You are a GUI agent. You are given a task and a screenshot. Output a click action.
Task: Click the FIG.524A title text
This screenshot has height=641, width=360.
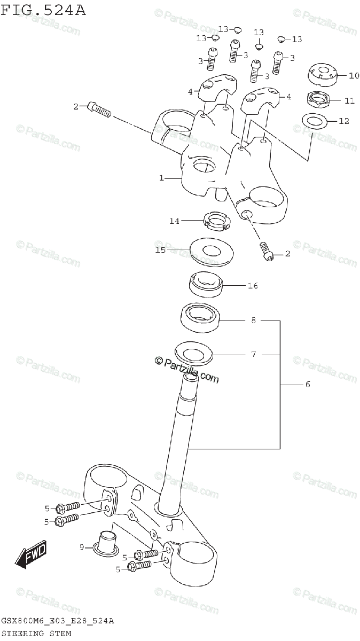click(x=43, y=9)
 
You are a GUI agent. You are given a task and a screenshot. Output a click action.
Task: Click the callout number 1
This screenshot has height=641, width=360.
click(x=161, y=178)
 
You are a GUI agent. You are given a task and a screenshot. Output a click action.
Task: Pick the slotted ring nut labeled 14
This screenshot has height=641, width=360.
click(x=217, y=221)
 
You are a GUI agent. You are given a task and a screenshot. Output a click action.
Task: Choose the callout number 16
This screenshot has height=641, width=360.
click(x=252, y=286)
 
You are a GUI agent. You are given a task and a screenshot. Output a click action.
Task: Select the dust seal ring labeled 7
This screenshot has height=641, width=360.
click(x=193, y=353)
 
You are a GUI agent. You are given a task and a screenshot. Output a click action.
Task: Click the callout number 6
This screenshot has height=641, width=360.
click(x=307, y=384)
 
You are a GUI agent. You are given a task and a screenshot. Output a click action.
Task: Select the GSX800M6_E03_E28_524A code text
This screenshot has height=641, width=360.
click(x=58, y=621)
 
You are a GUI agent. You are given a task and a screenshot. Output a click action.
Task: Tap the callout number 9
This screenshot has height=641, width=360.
click(x=82, y=546)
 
